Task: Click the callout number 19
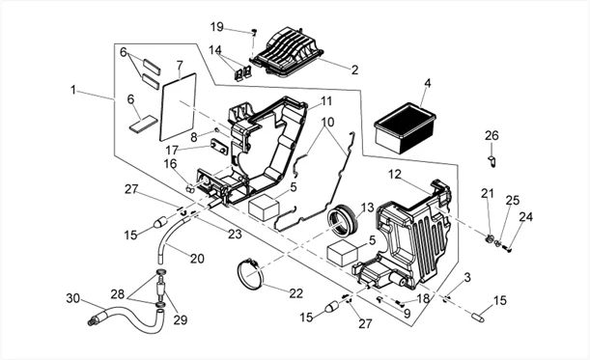216,27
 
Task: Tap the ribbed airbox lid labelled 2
288,52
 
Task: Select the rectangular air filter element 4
405,128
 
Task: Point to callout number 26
492,135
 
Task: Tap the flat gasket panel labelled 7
178,107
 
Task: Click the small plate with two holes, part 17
219,147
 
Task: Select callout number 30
73,298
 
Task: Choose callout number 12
395,175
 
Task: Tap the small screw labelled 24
509,249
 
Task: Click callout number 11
325,100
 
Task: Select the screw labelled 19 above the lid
254,33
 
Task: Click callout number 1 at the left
73,90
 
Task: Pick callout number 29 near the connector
181,319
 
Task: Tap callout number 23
235,234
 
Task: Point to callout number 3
467,278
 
